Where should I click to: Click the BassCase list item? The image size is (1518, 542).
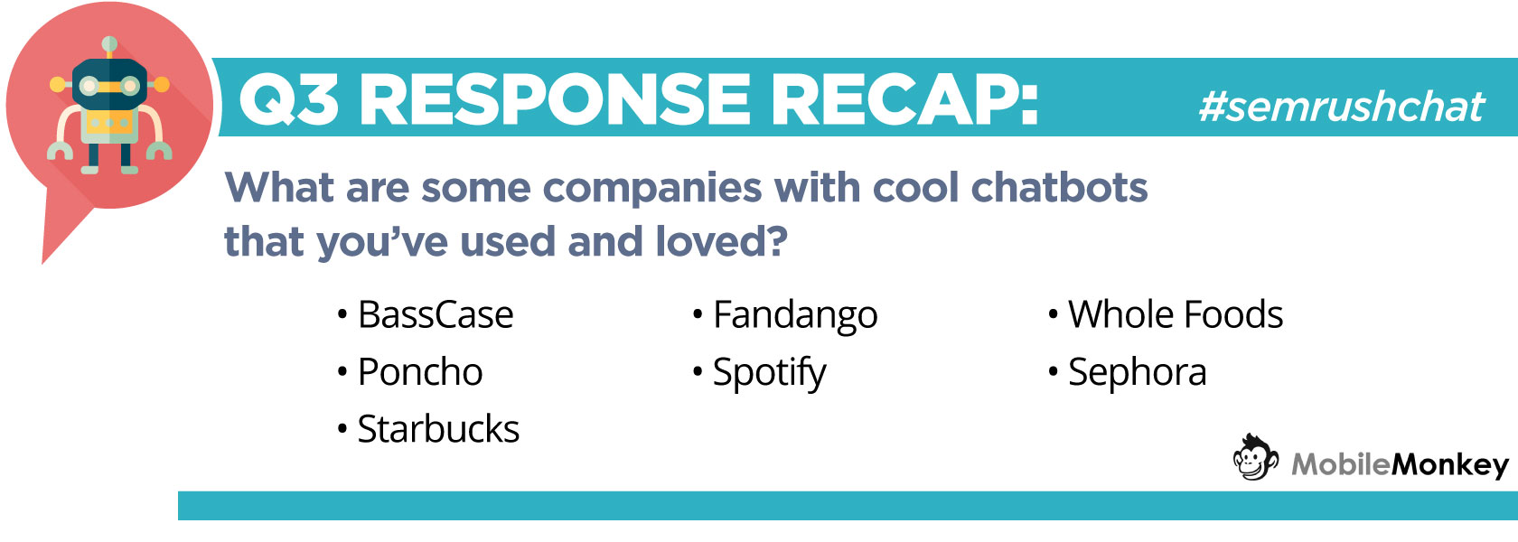(x=436, y=314)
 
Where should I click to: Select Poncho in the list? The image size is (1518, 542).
(x=420, y=372)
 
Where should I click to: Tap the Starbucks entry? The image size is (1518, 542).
(x=438, y=429)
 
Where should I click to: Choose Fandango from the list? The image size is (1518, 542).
(x=795, y=316)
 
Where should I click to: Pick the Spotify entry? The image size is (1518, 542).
(x=769, y=373)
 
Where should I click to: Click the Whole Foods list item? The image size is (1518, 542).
(x=1176, y=314)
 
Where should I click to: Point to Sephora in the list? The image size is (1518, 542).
(x=1137, y=373)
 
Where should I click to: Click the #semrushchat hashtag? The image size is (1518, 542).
(x=1342, y=107)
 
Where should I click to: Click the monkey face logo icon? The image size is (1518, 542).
(x=1255, y=457)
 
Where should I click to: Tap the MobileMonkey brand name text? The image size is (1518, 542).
(x=1401, y=465)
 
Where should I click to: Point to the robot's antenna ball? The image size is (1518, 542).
(x=109, y=45)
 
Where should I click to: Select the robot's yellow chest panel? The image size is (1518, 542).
(x=109, y=124)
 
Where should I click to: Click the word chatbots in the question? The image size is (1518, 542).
(x=1059, y=187)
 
